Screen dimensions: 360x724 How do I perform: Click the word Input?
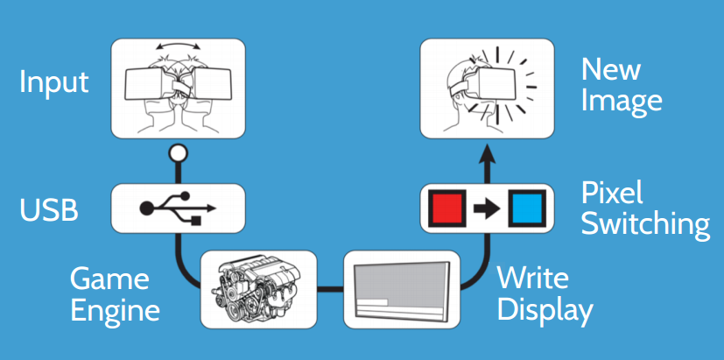(54, 82)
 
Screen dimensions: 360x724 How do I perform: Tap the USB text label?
(49, 210)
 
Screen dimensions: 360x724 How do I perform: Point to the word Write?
(533, 279)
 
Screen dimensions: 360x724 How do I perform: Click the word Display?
(545, 310)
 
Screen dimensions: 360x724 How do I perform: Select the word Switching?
(645, 224)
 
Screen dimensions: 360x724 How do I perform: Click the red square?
(448, 208)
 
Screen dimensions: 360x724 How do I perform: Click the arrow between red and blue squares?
(488, 209)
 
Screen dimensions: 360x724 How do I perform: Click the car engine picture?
(257, 285)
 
